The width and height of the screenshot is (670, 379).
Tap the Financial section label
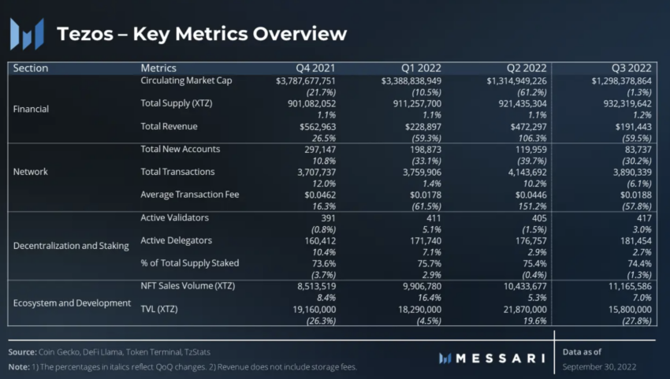(x=32, y=109)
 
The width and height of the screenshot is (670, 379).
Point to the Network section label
(x=31, y=171)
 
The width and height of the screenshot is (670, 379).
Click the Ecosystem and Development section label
(x=72, y=303)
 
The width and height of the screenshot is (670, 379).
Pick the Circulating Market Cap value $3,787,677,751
(x=306, y=80)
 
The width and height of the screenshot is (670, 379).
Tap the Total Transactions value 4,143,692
(x=518, y=172)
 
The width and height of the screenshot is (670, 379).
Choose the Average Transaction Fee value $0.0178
(x=422, y=195)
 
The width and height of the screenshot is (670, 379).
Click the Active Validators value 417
(x=642, y=217)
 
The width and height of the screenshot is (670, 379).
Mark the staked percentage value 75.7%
(x=426, y=263)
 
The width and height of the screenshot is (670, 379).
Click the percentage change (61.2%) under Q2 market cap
(x=530, y=92)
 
